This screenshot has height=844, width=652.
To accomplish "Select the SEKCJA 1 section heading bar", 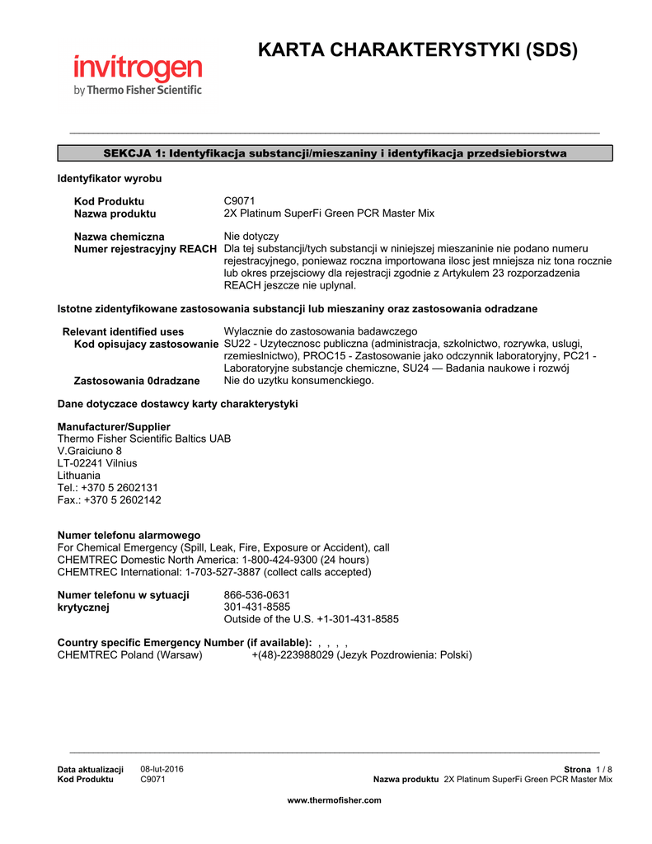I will (335, 153).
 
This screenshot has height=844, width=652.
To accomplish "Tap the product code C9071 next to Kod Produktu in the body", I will (240, 201).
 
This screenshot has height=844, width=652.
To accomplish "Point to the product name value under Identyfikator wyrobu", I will (329, 213).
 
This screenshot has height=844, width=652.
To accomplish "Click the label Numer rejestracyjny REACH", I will (146, 249).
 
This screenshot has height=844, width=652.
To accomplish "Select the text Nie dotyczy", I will (251, 237).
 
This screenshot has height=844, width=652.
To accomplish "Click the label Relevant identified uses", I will (124, 331).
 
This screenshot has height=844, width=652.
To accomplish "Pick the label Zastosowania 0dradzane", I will (137, 381).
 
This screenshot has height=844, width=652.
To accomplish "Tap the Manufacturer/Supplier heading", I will (114, 427).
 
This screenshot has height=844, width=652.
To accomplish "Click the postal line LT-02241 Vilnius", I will (97, 463).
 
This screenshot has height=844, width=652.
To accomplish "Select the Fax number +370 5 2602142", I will (121, 500).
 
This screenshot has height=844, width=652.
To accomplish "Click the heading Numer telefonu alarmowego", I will (129, 535).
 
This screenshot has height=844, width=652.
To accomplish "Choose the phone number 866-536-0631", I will (256, 595).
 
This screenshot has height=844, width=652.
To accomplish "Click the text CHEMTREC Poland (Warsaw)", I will (129, 655).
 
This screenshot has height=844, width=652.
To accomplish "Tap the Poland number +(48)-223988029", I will (292, 655).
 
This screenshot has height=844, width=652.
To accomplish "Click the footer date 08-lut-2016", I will (162, 769).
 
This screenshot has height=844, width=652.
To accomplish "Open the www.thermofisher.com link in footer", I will (334, 800).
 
